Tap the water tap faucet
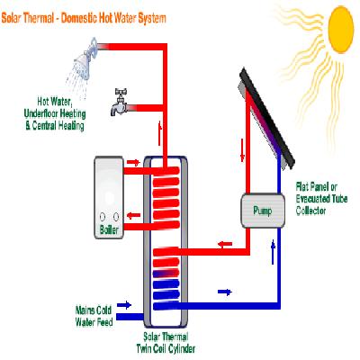click(119, 103)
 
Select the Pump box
click(263, 211)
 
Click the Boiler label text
click(109, 230)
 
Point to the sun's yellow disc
click(341, 29)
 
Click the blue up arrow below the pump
click(273, 252)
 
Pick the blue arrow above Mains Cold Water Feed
click(124, 305)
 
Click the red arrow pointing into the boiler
click(134, 215)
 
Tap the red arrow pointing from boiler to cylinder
click(133, 163)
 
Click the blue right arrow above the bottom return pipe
click(225, 292)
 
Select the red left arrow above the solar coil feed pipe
click(225, 244)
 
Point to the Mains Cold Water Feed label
click(94, 316)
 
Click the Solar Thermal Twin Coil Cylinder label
click(166, 343)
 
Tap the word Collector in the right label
click(310, 211)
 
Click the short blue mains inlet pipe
click(130, 317)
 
